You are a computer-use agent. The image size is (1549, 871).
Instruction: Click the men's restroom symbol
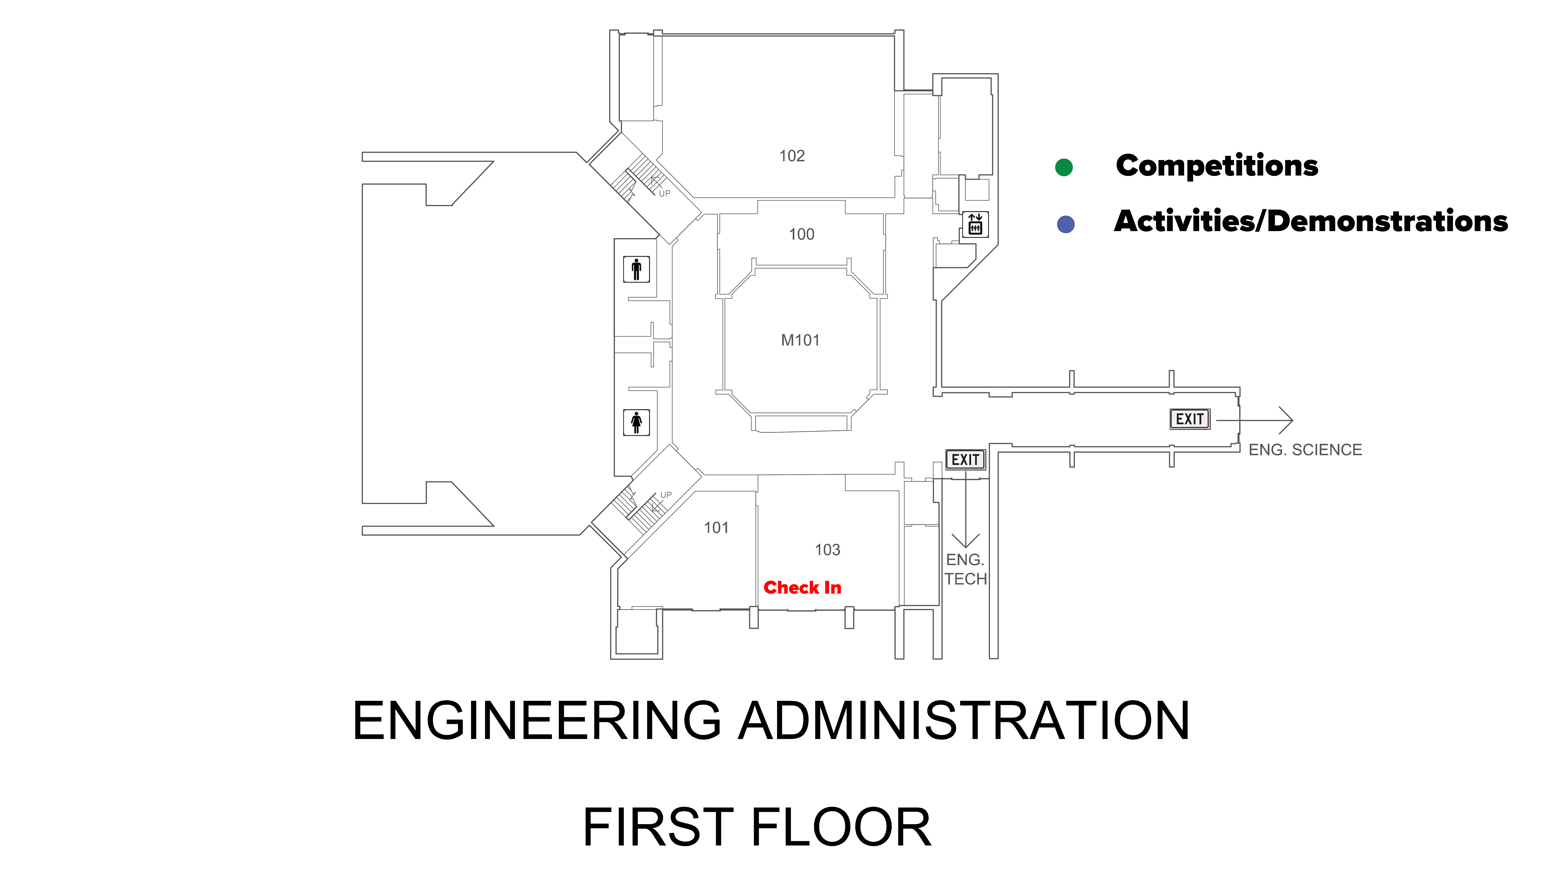click(x=636, y=269)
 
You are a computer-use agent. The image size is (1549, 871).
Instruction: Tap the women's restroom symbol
click(x=636, y=422)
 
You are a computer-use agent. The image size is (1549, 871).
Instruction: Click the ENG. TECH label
click(x=965, y=569)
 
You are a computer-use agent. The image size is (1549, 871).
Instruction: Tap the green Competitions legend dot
click(x=1064, y=167)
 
